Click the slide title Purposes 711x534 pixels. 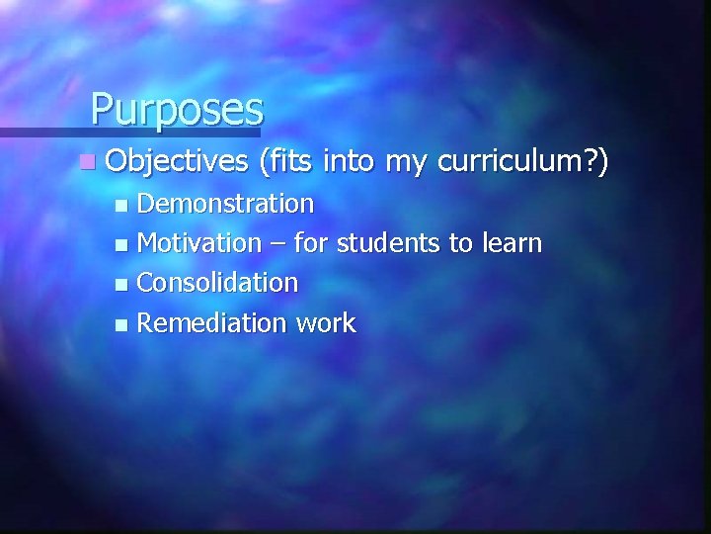click(177, 108)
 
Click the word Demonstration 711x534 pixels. click(226, 205)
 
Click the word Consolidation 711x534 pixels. click(217, 283)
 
